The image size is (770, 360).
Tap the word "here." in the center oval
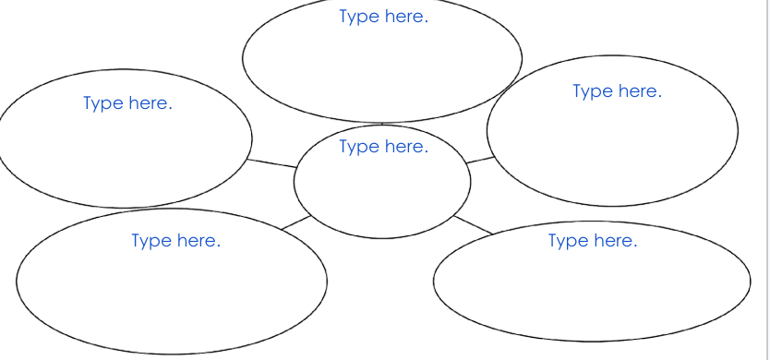coord(406,146)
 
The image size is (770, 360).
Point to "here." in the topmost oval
coord(406,17)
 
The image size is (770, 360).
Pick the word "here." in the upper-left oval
coord(150,103)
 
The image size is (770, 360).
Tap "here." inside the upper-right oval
coord(641,90)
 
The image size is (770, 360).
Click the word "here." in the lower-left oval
coord(199,240)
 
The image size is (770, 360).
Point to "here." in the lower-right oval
coord(616,240)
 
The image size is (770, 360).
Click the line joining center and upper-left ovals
coord(271,163)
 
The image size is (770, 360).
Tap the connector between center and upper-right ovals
coord(480,160)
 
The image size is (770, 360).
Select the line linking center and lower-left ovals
coord(296,222)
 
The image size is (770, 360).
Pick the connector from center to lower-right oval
coord(473,224)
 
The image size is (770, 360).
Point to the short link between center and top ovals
coord(382,124)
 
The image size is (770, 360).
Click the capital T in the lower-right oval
coord(553,240)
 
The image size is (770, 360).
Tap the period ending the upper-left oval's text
coord(170,109)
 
